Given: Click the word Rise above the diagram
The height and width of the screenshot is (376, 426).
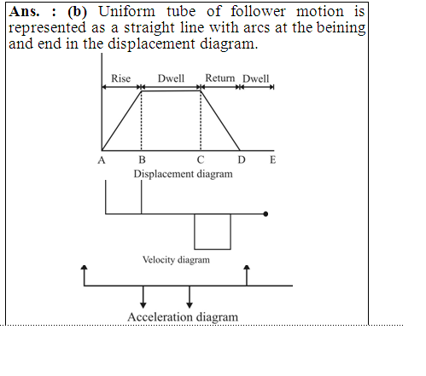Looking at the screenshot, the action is (120, 78).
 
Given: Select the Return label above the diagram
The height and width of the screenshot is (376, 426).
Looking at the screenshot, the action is (220, 78).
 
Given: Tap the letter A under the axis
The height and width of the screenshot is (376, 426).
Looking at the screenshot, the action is (102, 160).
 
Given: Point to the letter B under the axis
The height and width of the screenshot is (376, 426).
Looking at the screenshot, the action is (142, 159).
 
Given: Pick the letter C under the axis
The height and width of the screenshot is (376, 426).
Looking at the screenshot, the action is (201, 159).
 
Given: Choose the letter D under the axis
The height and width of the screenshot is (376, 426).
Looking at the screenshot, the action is (242, 159).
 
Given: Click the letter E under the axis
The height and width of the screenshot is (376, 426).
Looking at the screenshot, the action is (272, 159).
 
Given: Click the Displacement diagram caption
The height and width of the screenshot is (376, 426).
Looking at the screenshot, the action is (183, 174).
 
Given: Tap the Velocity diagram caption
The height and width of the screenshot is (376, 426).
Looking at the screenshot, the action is (176, 260).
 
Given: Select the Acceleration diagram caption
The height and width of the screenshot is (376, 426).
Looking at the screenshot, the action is (183, 317).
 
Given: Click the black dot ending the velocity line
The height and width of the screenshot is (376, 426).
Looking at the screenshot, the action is (266, 214).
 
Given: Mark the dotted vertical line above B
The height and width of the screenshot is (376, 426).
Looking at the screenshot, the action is (142, 121).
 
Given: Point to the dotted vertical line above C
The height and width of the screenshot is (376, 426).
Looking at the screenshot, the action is (201, 121).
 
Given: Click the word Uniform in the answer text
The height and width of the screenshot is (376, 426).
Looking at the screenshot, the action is (127, 12).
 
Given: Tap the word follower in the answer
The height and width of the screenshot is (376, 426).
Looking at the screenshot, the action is (258, 12).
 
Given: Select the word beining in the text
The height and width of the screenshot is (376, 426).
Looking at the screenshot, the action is (341, 28).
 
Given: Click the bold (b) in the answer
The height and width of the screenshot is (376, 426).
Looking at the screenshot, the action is (77, 12).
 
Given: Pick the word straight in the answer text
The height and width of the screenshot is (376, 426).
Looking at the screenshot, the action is (149, 28).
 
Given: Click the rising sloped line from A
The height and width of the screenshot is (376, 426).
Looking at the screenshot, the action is (121, 121).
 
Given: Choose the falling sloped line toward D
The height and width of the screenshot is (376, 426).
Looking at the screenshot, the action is (220, 121).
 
